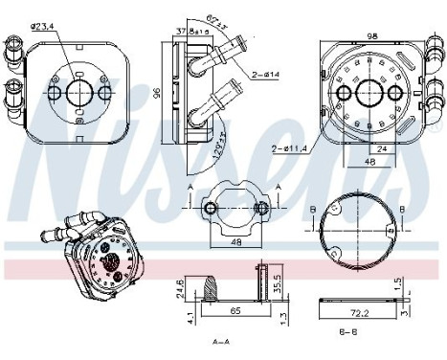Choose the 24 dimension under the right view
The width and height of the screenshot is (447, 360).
383,148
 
